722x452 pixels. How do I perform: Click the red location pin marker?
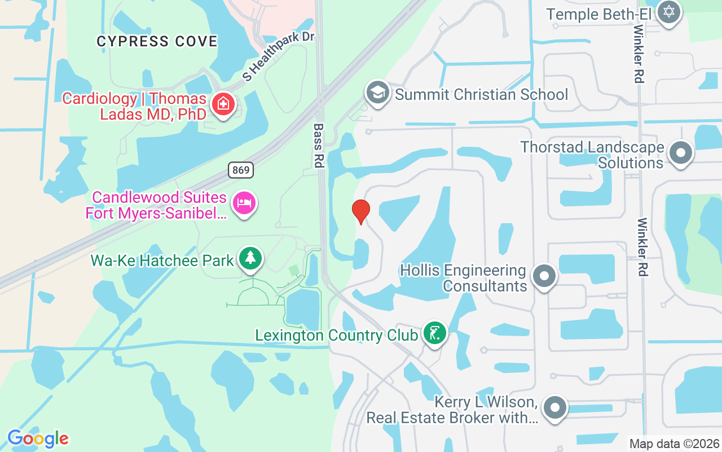point(360,211)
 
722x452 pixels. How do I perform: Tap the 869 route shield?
point(241,169)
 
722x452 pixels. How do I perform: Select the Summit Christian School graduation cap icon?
point(377,93)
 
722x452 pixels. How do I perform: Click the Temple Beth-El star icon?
point(669,11)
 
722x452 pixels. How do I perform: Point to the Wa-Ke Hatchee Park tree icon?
point(250,259)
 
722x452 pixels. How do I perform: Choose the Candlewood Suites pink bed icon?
point(244,203)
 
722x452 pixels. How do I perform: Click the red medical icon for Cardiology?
point(223,104)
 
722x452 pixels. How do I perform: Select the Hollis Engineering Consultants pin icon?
point(544,277)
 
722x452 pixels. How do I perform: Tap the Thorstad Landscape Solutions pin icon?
point(680,153)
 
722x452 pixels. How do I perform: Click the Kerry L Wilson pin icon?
point(554,407)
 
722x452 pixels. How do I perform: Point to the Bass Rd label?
point(318,146)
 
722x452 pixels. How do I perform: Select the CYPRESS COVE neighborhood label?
point(157,41)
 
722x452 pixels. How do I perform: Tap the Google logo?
point(38,438)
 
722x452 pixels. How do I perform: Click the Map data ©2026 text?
point(674,444)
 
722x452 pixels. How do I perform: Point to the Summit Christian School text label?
point(481,94)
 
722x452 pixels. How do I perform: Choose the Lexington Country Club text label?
point(336,335)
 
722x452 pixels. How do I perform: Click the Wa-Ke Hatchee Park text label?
point(162,260)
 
